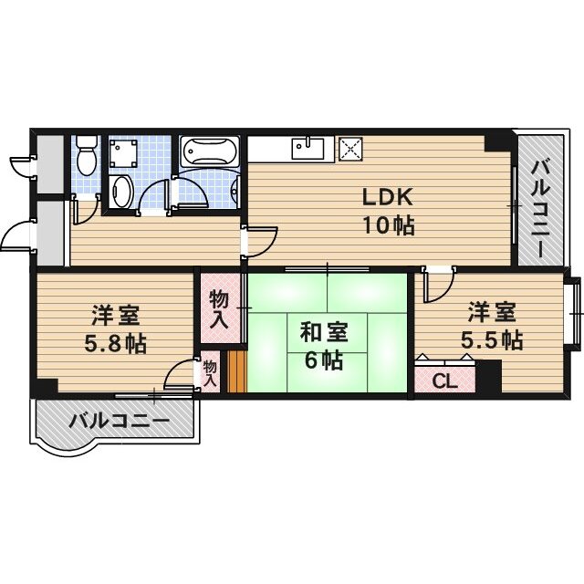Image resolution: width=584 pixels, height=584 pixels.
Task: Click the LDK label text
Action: click(x=388, y=197)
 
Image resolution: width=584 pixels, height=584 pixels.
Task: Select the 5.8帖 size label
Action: click(x=114, y=345)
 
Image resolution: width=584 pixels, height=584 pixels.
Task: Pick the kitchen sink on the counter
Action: click(x=307, y=146)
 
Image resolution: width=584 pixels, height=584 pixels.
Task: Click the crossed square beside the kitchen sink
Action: click(x=350, y=148)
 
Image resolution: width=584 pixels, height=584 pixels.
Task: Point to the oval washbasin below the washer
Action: click(x=121, y=191)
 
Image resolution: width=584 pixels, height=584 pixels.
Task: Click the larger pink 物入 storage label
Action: click(x=219, y=308)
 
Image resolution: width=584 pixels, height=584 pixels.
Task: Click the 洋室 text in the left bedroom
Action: click(x=114, y=317)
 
